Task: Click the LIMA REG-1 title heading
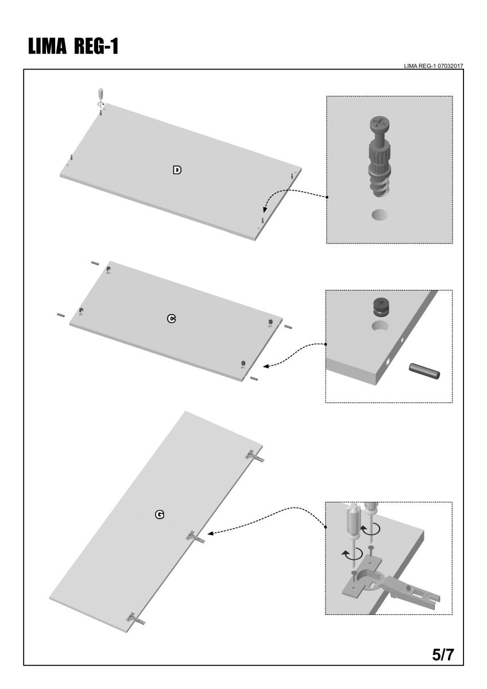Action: point(73,47)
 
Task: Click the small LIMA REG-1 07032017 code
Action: point(433,66)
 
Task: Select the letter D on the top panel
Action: point(177,170)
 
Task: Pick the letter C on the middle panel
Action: point(171,319)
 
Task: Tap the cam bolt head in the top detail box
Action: point(380,124)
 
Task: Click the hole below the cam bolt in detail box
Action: point(380,215)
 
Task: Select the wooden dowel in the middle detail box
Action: point(424,370)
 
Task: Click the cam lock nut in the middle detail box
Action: point(381,307)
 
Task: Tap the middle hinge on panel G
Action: point(195,537)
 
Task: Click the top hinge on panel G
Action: point(254,455)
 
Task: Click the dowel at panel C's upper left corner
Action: point(95,263)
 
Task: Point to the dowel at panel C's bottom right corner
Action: point(254,378)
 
